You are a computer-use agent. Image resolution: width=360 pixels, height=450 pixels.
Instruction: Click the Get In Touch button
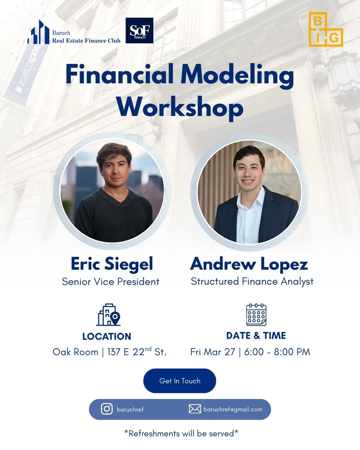pyautogui.click(x=180, y=381)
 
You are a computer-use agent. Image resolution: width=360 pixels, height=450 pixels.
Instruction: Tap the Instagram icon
pyautogui.click(x=107, y=409)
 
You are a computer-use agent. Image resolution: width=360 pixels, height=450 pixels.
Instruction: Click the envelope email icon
pyautogui.click(x=195, y=409)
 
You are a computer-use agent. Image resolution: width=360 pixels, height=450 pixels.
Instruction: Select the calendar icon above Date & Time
pyautogui.click(x=256, y=315)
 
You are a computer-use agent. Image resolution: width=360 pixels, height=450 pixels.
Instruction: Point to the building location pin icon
pyautogui.click(x=109, y=315)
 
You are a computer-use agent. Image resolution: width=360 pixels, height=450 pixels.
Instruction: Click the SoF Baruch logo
pyautogui.click(x=139, y=31)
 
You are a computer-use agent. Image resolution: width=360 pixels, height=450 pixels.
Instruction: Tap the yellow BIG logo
pyautogui.click(x=325, y=29)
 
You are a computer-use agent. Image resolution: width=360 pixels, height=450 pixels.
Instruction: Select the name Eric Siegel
pyautogui.click(x=112, y=264)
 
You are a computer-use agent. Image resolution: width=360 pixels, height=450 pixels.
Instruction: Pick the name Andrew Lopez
pyautogui.click(x=249, y=264)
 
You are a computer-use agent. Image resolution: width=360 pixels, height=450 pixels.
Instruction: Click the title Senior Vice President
pyautogui.click(x=111, y=282)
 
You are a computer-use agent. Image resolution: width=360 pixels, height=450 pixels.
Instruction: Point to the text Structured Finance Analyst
pyautogui.click(x=252, y=281)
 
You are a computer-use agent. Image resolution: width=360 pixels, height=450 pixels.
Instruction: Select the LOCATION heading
pyautogui.click(x=107, y=336)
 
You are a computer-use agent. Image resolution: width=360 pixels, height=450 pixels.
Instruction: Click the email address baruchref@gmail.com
pyautogui.click(x=233, y=409)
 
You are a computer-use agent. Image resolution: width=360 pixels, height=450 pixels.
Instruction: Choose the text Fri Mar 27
pyautogui.click(x=213, y=352)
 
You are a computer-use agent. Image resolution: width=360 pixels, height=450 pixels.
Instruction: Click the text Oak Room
pyautogui.click(x=75, y=352)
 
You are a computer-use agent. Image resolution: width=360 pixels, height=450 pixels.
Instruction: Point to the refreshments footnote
pyautogui.click(x=181, y=433)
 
